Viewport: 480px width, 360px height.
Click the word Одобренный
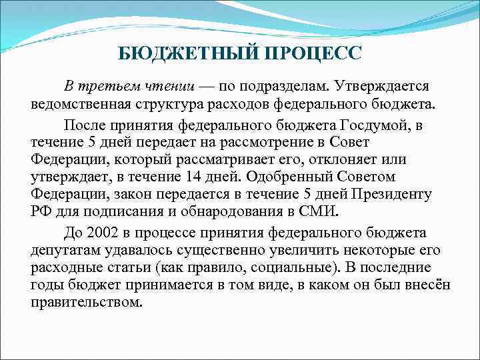(283, 177)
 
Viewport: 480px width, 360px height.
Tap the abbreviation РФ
(41, 212)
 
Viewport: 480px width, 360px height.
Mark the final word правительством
(86, 301)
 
